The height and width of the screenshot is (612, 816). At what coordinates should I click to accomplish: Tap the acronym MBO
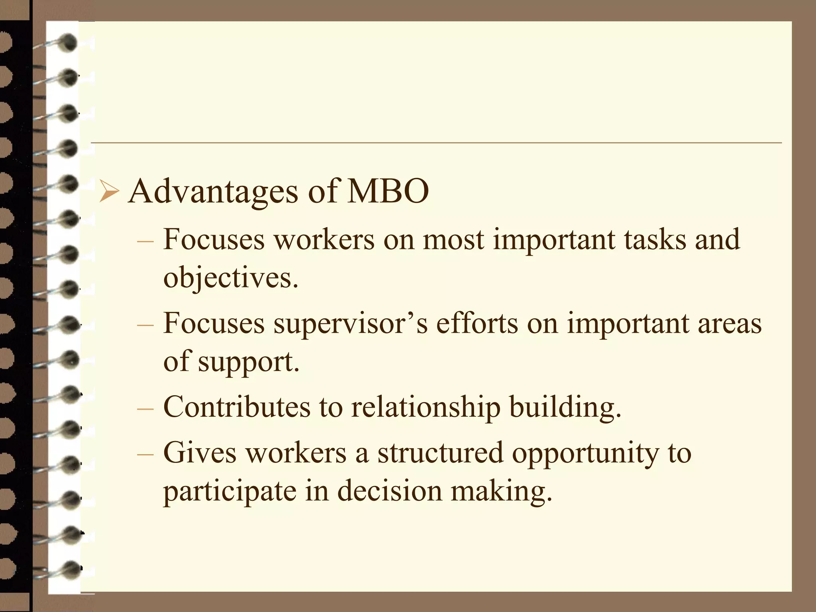(x=388, y=192)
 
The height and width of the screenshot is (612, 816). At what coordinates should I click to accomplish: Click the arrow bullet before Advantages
(x=109, y=191)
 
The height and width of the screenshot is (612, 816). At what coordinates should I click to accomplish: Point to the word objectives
(x=230, y=278)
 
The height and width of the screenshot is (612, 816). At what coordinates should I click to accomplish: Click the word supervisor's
(x=350, y=323)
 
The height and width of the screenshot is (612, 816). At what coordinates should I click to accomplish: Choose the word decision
(x=390, y=490)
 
